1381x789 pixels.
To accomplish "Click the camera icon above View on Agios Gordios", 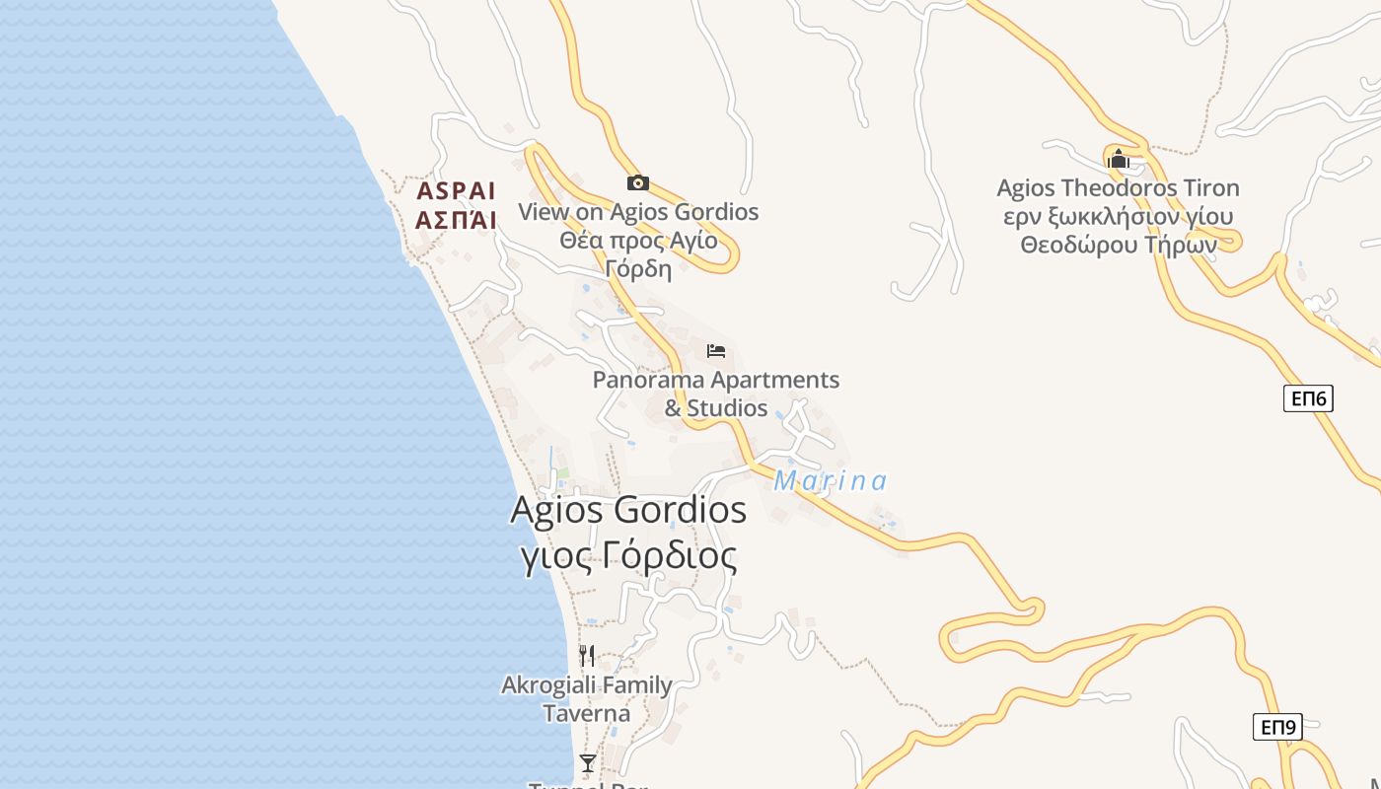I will [x=638, y=182].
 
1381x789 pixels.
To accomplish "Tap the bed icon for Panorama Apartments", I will [x=716, y=351].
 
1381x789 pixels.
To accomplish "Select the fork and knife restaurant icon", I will [x=587, y=656].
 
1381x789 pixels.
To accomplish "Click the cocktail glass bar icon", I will [x=588, y=763].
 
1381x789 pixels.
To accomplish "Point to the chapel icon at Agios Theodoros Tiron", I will [x=1118, y=159].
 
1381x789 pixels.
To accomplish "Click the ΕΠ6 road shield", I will [x=1308, y=398].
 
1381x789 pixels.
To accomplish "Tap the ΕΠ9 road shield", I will [x=1278, y=728].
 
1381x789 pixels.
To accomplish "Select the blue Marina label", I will [x=831, y=481].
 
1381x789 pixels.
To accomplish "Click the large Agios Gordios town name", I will [x=628, y=510].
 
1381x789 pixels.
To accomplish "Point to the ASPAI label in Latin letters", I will [x=456, y=190].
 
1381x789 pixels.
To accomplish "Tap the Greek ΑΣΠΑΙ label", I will [x=456, y=220].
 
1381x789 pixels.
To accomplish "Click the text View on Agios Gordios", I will [x=638, y=212].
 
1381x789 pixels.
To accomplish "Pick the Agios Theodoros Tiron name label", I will [x=1118, y=188].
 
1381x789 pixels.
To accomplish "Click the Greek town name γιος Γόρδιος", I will [x=628, y=557].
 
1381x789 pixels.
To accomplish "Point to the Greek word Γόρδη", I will [x=638, y=269].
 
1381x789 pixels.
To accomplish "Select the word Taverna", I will [x=587, y=713].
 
